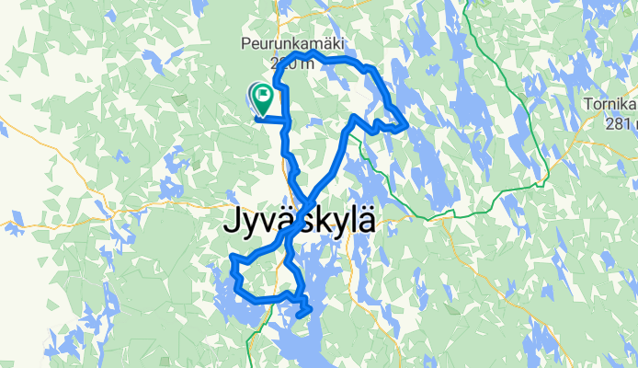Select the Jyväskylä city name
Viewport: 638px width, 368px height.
pyautogui.click(x=301, y=224)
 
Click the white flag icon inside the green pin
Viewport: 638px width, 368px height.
pyautogui.click(x=263, y=93)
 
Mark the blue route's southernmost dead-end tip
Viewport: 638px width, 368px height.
pyautogui.click(x=299, y=316)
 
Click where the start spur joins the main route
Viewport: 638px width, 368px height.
pyautogui.click(x=287, y=120)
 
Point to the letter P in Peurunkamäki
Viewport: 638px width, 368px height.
pyautogui.click(x=246, y=44)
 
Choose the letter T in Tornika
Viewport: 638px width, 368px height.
pyautogui.click(x=587, y=105)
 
